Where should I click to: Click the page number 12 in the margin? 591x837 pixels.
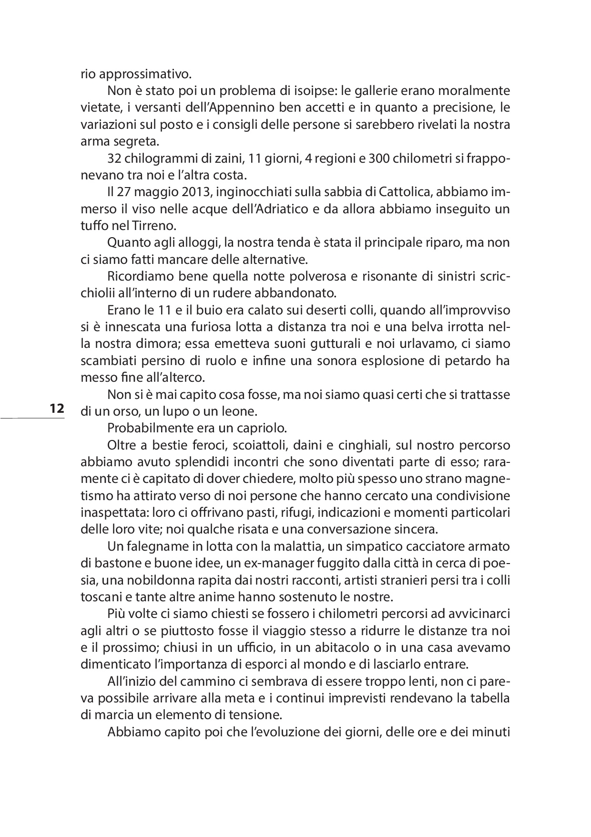point(56,409)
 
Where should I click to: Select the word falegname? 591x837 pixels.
point(157,546)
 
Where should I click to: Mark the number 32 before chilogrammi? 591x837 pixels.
point(114,158)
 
